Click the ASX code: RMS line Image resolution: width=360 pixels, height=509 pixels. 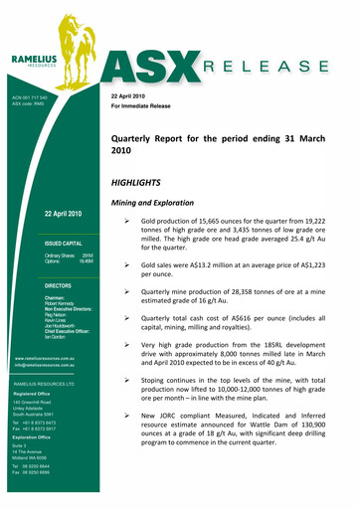[33, 103]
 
